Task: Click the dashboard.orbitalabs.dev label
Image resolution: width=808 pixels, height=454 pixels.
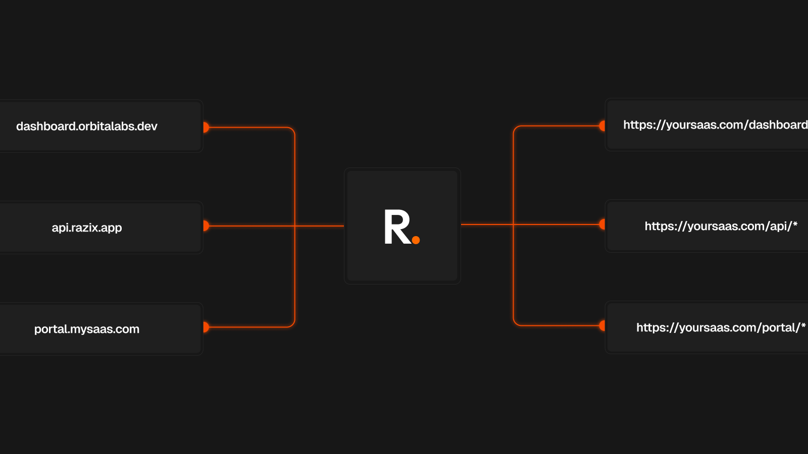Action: pos(86,126)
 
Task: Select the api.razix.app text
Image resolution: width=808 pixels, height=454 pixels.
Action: pos(86,228)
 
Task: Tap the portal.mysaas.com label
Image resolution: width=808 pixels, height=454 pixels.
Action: pos(86,329)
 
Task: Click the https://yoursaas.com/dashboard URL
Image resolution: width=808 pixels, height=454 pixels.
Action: pos(716,125)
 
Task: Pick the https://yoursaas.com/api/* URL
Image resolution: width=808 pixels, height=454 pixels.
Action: pos(721,226)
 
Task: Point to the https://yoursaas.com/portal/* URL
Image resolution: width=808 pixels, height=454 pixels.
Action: pos(721,327)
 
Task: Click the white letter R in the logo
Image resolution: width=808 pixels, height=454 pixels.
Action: pos(397,227)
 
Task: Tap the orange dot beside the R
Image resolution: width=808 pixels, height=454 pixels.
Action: pos(416,240)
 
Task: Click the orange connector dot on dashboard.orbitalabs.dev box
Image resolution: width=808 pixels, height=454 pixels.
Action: pos(206,127)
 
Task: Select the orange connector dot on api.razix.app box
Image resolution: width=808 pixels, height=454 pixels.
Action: pos(206,226)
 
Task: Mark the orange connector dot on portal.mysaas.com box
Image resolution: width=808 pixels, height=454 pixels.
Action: pos(206,327)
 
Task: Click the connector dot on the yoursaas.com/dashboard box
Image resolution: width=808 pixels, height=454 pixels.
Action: pos(602,126)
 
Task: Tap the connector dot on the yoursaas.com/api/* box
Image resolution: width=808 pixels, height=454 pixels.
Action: pos(602,224)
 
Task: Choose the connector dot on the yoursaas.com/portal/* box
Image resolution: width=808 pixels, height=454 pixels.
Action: pos(602,326)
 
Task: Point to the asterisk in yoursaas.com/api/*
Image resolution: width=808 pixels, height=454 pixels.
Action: pos(795,224)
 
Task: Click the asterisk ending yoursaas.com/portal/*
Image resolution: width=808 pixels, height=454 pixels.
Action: pos(803,325)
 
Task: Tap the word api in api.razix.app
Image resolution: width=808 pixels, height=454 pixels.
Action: pos(60,228)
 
